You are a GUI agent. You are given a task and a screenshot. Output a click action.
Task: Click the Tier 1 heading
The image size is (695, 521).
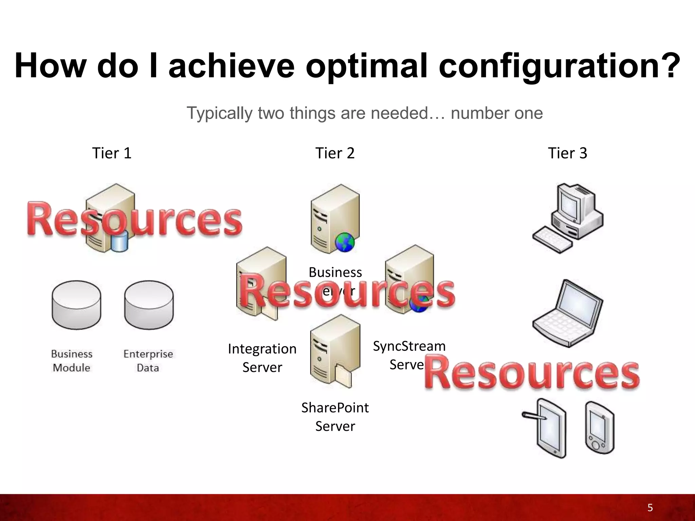pyautogui.click(x=112, y=153)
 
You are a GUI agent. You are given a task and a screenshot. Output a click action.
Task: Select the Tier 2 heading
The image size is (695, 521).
pyautogui.click(x=335, y=153)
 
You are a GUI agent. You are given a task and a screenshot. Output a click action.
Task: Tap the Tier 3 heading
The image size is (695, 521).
pyautogui.click(x=567, y=153)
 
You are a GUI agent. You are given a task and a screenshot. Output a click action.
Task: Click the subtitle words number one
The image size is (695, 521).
pyautogui.click(x=497, y=113)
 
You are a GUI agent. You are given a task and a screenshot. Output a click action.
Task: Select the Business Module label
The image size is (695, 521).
pyautogui.click(x=72, y=361)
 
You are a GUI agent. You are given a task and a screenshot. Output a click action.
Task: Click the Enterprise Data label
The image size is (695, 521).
pyautogui.click(x=148, y=361)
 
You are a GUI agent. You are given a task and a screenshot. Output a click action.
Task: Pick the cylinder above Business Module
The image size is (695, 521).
pyautogui.click(x=76, y=305)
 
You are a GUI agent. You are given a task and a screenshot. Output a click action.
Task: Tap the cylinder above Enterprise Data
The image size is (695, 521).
pyautogui.click(x=149, y=305)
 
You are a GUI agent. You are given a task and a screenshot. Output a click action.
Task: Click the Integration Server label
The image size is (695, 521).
pyautogui.click(x=262, y=358)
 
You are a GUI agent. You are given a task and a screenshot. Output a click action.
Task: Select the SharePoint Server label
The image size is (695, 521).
pyautogui.click(x=335, y=417)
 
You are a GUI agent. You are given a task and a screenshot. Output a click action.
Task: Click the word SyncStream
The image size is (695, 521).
pyautogui.click(x=409, y=346)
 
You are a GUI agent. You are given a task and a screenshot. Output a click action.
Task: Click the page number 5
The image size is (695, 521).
pyautogui.click(x=650, y=508)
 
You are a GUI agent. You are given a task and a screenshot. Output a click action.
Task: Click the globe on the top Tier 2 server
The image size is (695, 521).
pyautogui.click(x=344, y=242)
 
